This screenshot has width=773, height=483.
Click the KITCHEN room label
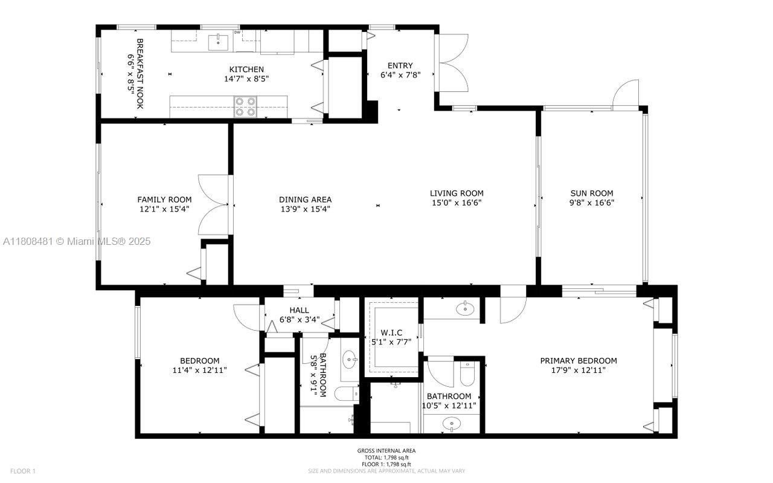pyautogui.click(x=246, y=69)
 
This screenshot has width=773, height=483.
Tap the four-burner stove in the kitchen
pyautogui.click(x=245, y=106)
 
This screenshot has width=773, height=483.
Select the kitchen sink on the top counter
pyautogui.click(x=218, y=42)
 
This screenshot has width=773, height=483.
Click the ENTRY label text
pyautogui.click(x=400, y=65)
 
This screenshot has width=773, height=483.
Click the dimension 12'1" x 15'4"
pyautogui.click(x=164, y=209)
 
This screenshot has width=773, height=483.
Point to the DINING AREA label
pyautogui.click(x=305, y=199)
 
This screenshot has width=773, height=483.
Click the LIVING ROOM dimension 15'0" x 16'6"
pyautogui.click(x=457, y=203)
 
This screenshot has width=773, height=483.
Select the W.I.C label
pyautogui.click(x=391, y=332)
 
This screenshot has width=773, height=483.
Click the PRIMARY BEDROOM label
pyautogui.click(x=578, y=361)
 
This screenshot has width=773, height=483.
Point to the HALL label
pyautogui.click(x=299, y=310)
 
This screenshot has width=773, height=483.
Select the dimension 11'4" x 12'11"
pyautogui.click(x=199, y=371)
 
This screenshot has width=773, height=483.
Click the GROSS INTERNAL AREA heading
pyautogui.click(x=386, y=450)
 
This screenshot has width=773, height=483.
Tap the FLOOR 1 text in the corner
pyautogui.click(x=23, y=471)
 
